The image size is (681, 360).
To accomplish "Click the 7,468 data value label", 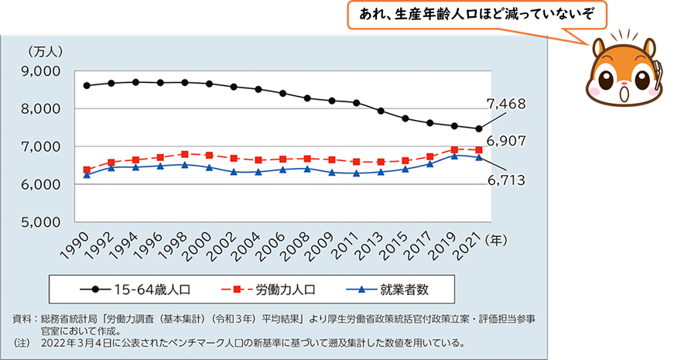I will [x=506, y=103].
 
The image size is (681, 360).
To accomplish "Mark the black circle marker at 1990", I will [x=86, y=85].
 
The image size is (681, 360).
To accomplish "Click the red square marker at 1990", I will [x=86, y=170].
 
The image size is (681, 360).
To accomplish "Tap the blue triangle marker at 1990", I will [x=86, y=175].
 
